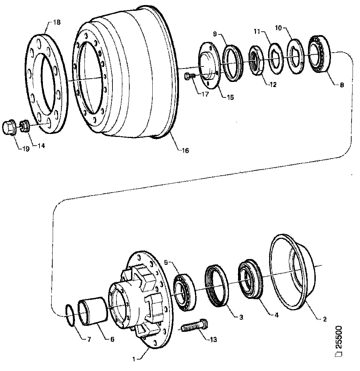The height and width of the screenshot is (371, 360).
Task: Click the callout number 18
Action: (x=57, y=23)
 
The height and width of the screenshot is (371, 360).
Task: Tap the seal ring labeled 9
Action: (x=233, y=63)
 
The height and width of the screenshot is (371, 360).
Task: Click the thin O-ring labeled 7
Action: (x=71, y=315)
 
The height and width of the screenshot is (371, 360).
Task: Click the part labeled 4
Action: (x=251, y=279)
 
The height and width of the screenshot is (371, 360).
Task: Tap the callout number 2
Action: (x=325, y=319)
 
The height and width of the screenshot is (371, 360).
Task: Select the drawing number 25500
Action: (x=338, y=341)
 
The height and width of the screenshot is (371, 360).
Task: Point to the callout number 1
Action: (x=134, y=360)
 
